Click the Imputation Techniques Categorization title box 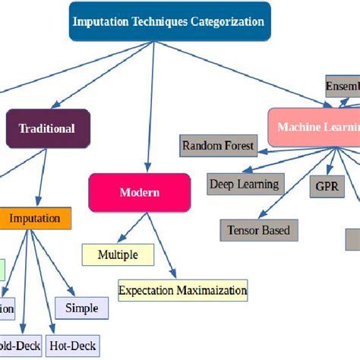click(169, 21)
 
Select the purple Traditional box click(48, 128)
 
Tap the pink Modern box click(139, 192)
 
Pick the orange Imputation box click(35, 219)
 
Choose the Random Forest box click(218, 145)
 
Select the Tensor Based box click(258, 229)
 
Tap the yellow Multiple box click(118, 254)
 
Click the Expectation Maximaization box click(182, 290)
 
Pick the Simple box click(81, 308)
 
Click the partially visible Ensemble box click(342, 86)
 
